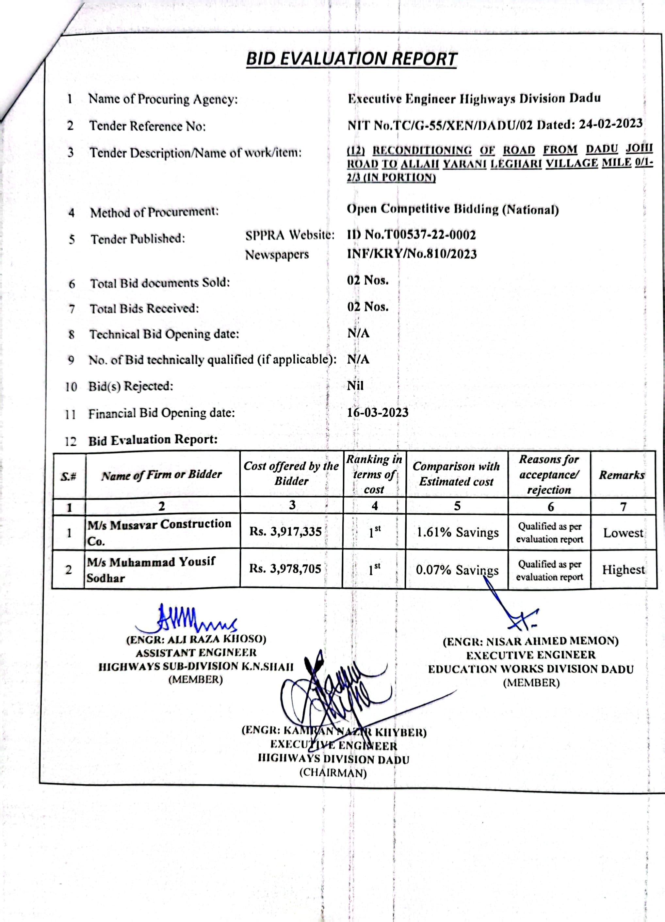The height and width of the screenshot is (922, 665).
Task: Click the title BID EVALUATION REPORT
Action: pyautogui.click(x=351, y=59)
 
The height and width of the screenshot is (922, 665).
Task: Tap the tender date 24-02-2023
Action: pyautogui.click(x=610, y=124)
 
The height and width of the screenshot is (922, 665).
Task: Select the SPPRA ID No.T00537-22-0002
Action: pyautogui.click(x=411, y=235)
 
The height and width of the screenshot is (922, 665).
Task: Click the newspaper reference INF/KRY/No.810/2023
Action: pyautogui.click(x=412, y=254)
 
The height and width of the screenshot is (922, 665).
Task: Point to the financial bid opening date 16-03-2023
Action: pyautogui.click(x=378, y=413)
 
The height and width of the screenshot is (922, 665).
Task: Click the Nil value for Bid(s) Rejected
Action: pyautogui.click(x=355, y=385)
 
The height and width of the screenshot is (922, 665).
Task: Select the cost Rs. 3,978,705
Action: pyautogui.click(x=285, y=569)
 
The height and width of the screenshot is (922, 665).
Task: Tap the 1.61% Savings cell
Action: pyautogui.click(x=458, y=533)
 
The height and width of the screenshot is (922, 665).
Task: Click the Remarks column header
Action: pyautogui.click(x=622, y=475)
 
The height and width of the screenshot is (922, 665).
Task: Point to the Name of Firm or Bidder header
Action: pyautogui.click(x=161, y=475)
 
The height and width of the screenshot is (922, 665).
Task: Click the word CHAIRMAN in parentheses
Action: pyautogui.click(x=333, y=773)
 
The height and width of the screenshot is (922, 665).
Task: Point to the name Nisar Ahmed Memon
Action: pyautogui.click(x=530, y=642)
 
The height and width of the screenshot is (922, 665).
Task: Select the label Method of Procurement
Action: pyautogui.click(x=154, y=212)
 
